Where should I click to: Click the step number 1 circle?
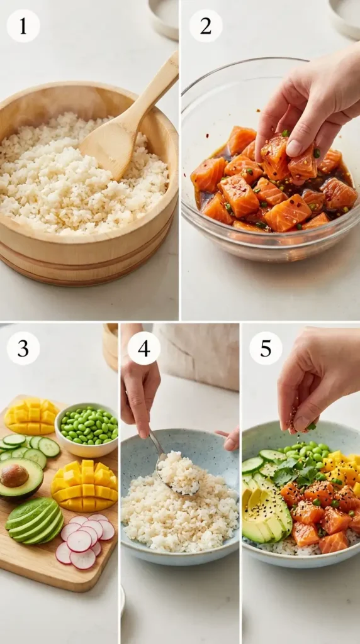pyautogui.click(x=23, y=26)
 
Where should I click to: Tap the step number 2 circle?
pyautogui.click(x=206, y=26)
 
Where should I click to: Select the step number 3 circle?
pyautogui.click(x=23, y=348)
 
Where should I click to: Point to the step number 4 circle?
pyautogui.click(x=143, y=348)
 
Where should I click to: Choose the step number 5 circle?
pyautogui.click(x=266, y=348)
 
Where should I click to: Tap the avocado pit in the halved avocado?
pyautogui.click(x=14, y=475)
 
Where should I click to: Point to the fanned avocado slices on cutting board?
pyautogui.click(x=35, y=519)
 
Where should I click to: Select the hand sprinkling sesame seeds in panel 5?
pyautogui.click(x=315, y=377)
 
